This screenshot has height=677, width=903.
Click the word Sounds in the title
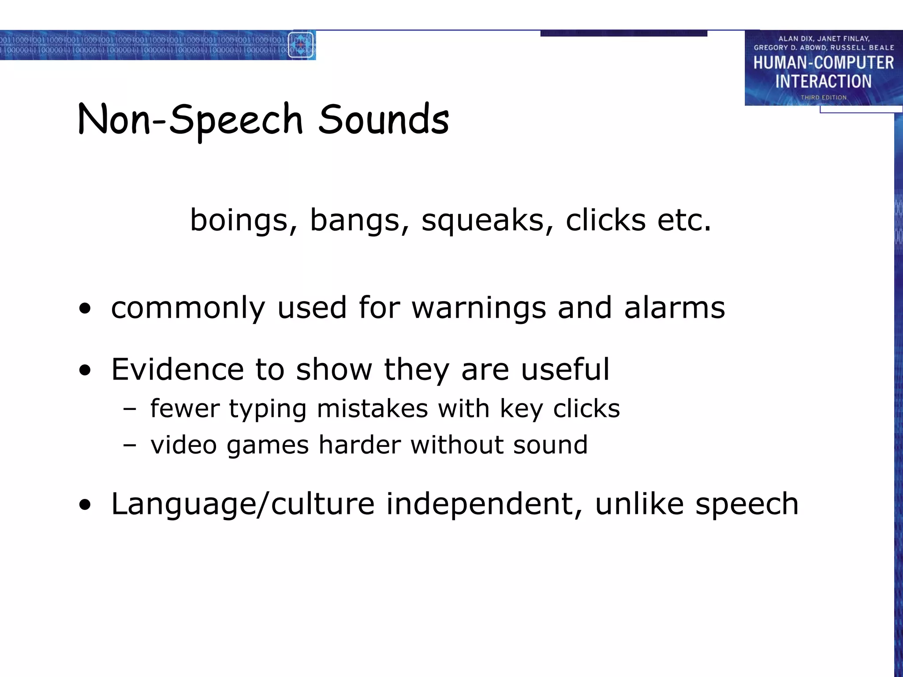coord(384,119)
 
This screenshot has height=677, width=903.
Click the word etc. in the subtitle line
coord(684,220)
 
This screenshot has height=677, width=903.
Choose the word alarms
coord(674,307)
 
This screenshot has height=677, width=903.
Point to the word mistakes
coord(372,408)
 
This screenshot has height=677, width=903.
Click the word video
coord(183,444)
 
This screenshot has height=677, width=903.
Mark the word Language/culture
coord(243,504)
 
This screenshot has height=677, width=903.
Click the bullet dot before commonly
coord(85,309)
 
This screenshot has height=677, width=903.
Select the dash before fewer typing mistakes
coord(130,409)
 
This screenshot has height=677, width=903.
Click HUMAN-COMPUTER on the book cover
coord(823,63)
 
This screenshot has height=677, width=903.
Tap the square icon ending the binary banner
coord(302,45)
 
